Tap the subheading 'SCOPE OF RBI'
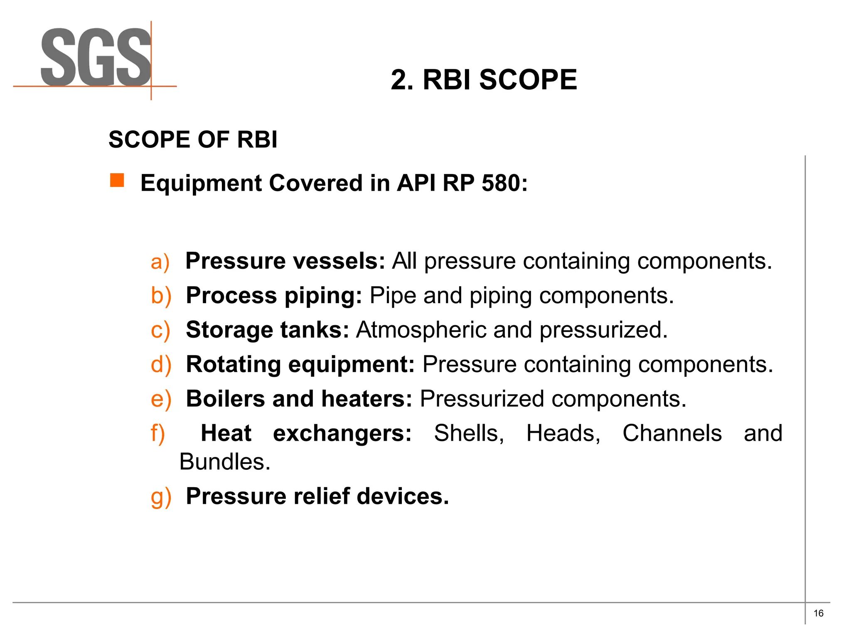coord(193,140)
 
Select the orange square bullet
coord(117,181)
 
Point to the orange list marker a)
coord(160,262)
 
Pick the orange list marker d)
coord(161,365)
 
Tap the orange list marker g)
coord(161,497)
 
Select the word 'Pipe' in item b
coord(393,296)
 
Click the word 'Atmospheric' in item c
coord(421,330)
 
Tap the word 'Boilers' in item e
coord(225,399)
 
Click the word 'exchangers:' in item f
coord(342,433)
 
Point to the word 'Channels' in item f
coord(672,433)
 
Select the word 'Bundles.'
coord(225,462)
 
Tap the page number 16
coord(818,613)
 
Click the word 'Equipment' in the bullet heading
coord(202,183)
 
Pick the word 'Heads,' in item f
coord(563,433)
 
